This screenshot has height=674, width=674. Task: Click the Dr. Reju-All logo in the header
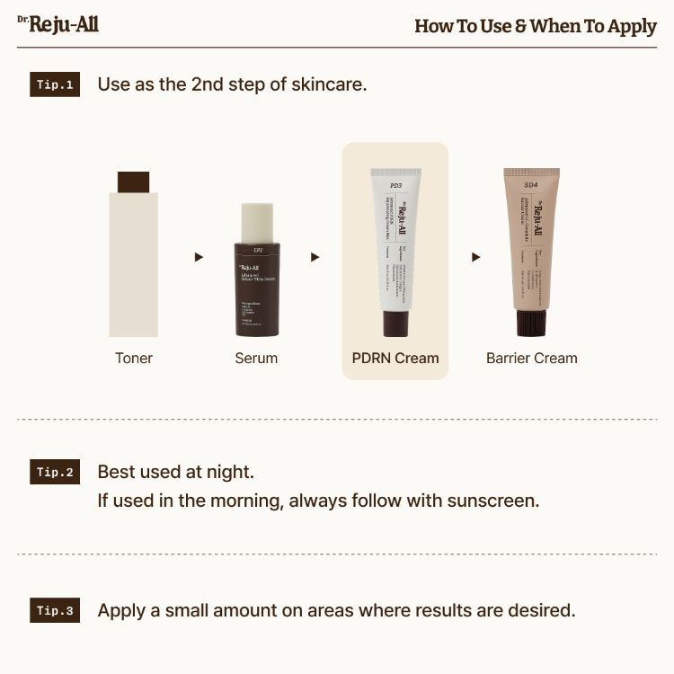58,24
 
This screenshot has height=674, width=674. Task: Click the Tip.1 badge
55,84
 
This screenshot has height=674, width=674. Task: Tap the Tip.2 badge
55,472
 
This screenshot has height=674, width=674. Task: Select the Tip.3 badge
55,610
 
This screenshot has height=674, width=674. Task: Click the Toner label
134,358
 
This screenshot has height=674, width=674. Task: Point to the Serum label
256,358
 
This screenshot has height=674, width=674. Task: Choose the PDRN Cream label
395,358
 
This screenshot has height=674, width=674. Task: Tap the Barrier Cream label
532,358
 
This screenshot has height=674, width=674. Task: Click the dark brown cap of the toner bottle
133,182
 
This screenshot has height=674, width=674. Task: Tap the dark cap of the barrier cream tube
531,323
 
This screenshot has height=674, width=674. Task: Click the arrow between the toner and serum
199,257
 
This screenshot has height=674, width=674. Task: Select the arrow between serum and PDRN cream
315,257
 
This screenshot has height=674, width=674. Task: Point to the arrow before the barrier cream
476,257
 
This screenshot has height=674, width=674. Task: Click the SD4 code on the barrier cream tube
531,184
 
